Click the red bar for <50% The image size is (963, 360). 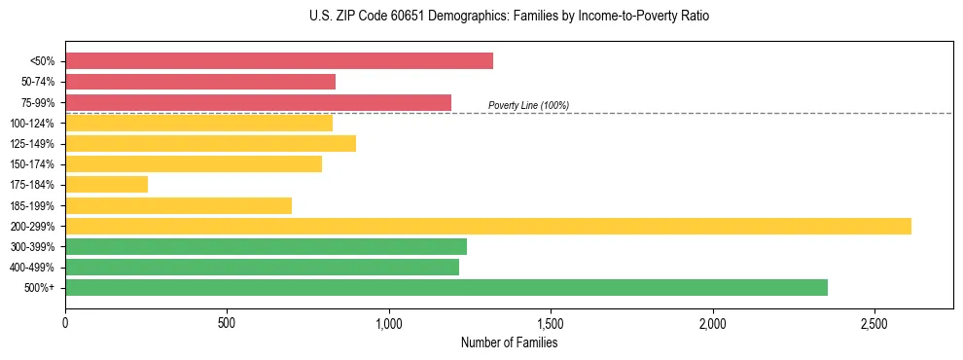point(279,61)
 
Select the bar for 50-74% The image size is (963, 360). point(200,82)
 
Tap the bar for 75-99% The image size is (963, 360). point(258,102)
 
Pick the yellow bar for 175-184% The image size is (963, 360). point(107,185)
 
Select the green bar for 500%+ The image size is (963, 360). point(446,287)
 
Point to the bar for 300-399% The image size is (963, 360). point(266,246)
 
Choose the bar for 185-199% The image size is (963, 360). point(178,205)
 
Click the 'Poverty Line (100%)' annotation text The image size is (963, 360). point(528,106)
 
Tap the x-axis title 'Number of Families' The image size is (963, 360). point(509,343)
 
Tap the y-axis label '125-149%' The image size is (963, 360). point(32,144)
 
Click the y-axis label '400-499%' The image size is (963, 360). point(32,268)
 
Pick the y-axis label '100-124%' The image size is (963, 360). point(32,124)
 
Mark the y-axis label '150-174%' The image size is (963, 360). point(32,164)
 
